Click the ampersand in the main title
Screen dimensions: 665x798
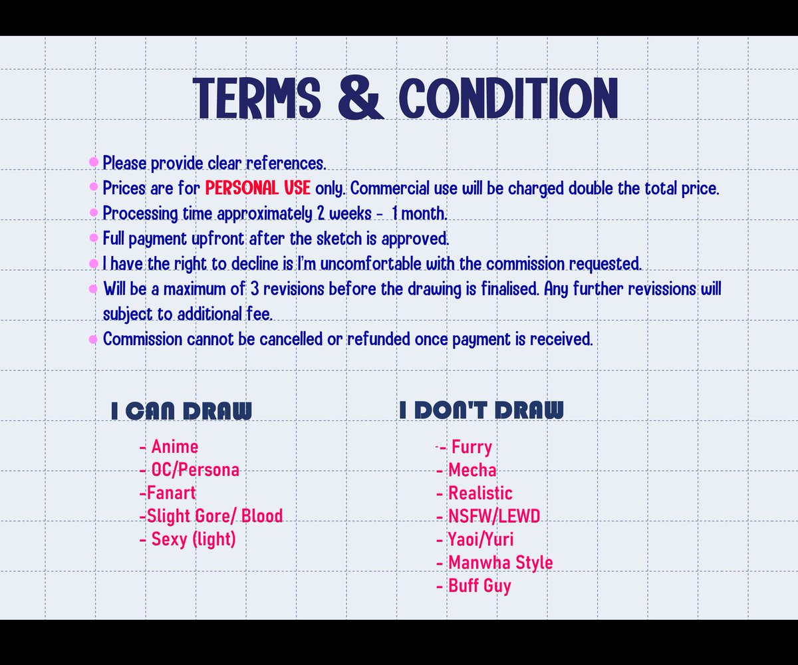pos(361,99)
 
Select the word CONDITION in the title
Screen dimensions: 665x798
pos(509,99)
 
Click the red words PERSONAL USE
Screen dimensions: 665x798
pos(257,188)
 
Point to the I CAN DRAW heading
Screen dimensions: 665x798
pos(182,411)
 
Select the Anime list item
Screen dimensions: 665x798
pos(174,447)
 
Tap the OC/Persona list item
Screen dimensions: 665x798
pos(195,470)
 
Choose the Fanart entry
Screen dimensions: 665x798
pos(171,493)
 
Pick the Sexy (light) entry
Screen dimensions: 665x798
pos(193,539)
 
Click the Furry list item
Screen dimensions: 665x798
pos(471,447)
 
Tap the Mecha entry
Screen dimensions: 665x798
pos(471,470)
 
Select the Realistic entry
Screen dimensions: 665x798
pos(480,493)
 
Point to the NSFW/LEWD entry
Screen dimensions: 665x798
pos(493,516)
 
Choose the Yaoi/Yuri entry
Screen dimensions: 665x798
pos(480,539)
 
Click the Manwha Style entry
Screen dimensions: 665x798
pos(500,563)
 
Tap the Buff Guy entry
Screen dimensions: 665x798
pos(479,586)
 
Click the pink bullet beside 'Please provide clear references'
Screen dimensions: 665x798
pos(94,162)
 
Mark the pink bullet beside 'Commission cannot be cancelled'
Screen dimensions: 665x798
pos(94,339)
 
